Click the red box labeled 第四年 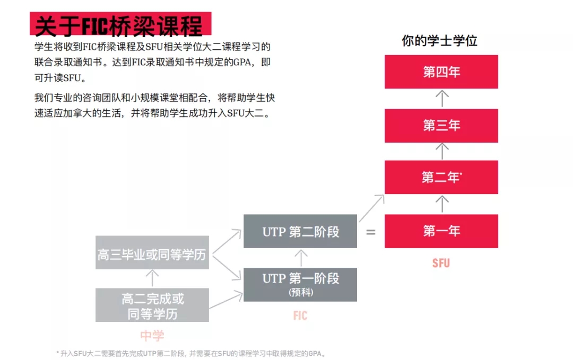pos(441,72)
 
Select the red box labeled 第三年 pos(441,126)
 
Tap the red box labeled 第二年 pos(441,177)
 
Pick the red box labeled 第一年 pos(441,231)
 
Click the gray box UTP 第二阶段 pos(300,231)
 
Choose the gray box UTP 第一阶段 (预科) pos(300,284)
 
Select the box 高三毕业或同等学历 pos(152,252)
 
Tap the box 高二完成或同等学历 pos(152,305)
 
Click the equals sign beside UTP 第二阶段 pos(370,232)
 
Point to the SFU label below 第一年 pos(441,263)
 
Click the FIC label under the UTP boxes pos(300,315)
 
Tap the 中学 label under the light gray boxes pos(152,336)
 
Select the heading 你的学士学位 pos(440,40)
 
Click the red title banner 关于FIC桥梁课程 pos(120,24)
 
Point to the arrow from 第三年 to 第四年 pos(442,99)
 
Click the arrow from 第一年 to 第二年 pos(442,204)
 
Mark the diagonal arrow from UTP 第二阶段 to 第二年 pos(371,208)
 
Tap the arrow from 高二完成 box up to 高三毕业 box pos(152,278)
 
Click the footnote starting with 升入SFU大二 pos(191,354)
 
